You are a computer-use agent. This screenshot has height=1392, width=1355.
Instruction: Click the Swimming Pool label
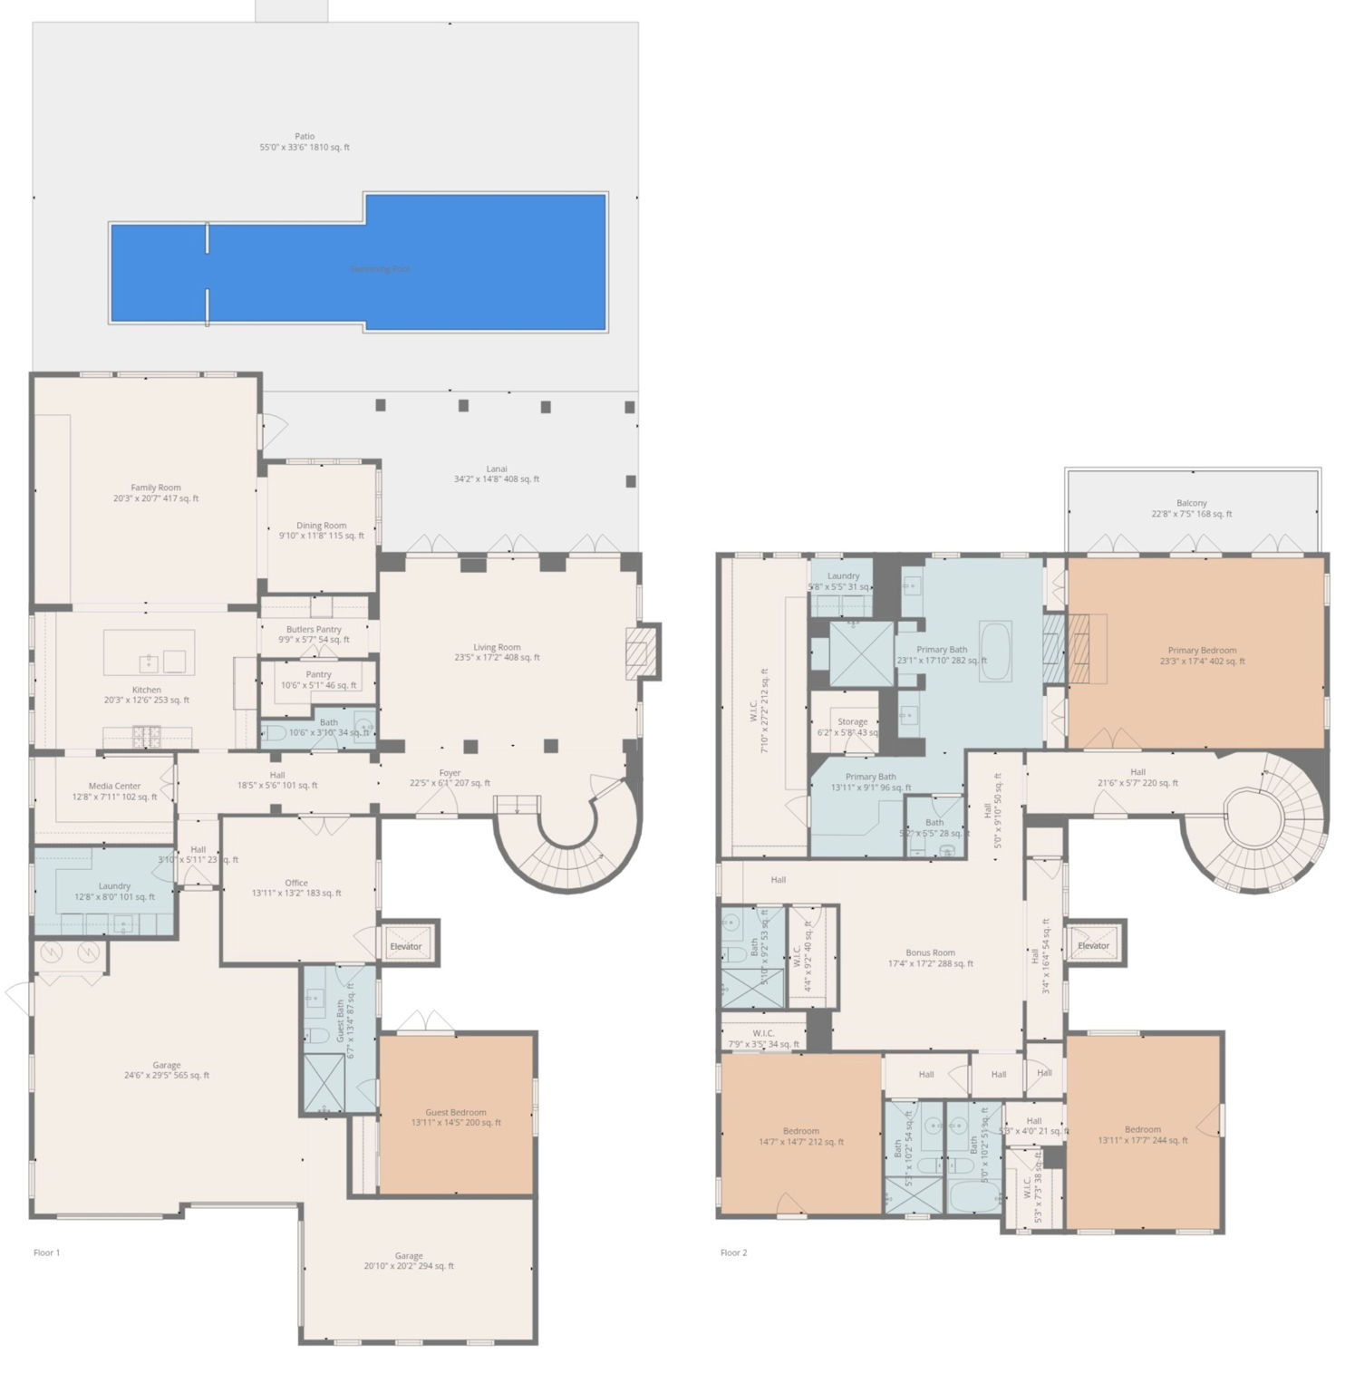point(380,269)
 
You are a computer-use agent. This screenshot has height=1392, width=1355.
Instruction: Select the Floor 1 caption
point(46,1252)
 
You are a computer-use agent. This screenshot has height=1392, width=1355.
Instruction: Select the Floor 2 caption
point(733,1252)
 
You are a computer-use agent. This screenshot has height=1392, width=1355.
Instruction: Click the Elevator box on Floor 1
point(406,946)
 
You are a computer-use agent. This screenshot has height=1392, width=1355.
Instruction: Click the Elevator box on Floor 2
point(1094,945)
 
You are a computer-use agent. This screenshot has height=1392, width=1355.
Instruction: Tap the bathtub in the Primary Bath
point(995,650)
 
